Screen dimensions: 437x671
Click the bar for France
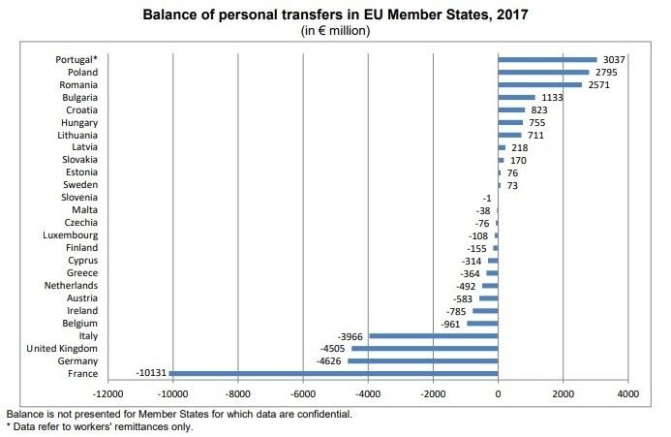pos(333,373)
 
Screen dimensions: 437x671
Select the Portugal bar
pos(547,59)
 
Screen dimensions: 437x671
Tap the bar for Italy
pos(433,335)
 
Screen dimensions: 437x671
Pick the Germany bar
pos(422,360)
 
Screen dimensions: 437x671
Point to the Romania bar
pos(539,84)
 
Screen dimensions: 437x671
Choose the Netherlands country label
pos(71,285)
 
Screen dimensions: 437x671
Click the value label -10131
pos(151,373)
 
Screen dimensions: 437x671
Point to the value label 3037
pos(614,59)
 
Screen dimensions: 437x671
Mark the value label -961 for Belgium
pos(451,323)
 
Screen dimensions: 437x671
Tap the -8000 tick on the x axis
pos(237,395)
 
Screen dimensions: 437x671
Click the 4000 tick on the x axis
pos(627,395)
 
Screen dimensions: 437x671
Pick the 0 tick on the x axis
pos(498,395)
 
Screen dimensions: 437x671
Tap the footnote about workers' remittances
pos(100,426)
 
